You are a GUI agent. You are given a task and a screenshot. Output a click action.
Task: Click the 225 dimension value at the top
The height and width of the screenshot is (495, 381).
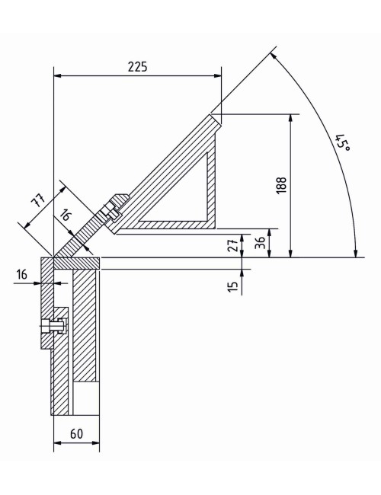click(x=137, y=66)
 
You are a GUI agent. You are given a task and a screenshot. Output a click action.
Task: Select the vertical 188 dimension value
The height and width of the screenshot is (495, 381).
click(x=281, y=185)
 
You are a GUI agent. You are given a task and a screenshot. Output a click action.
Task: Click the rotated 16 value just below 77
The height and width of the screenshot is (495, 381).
click(x=66, y=216)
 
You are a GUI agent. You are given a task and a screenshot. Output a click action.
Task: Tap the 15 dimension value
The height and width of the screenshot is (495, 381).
click(x=233, y=286)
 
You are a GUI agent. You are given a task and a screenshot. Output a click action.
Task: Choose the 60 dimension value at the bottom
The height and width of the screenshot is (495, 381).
click(x=76, y=433)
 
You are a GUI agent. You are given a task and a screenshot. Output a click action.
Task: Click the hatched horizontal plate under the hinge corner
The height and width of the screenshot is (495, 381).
click(x=75, y=263)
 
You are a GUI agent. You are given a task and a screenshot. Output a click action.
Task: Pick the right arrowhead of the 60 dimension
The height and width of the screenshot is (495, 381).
click(x=97, y=443)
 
